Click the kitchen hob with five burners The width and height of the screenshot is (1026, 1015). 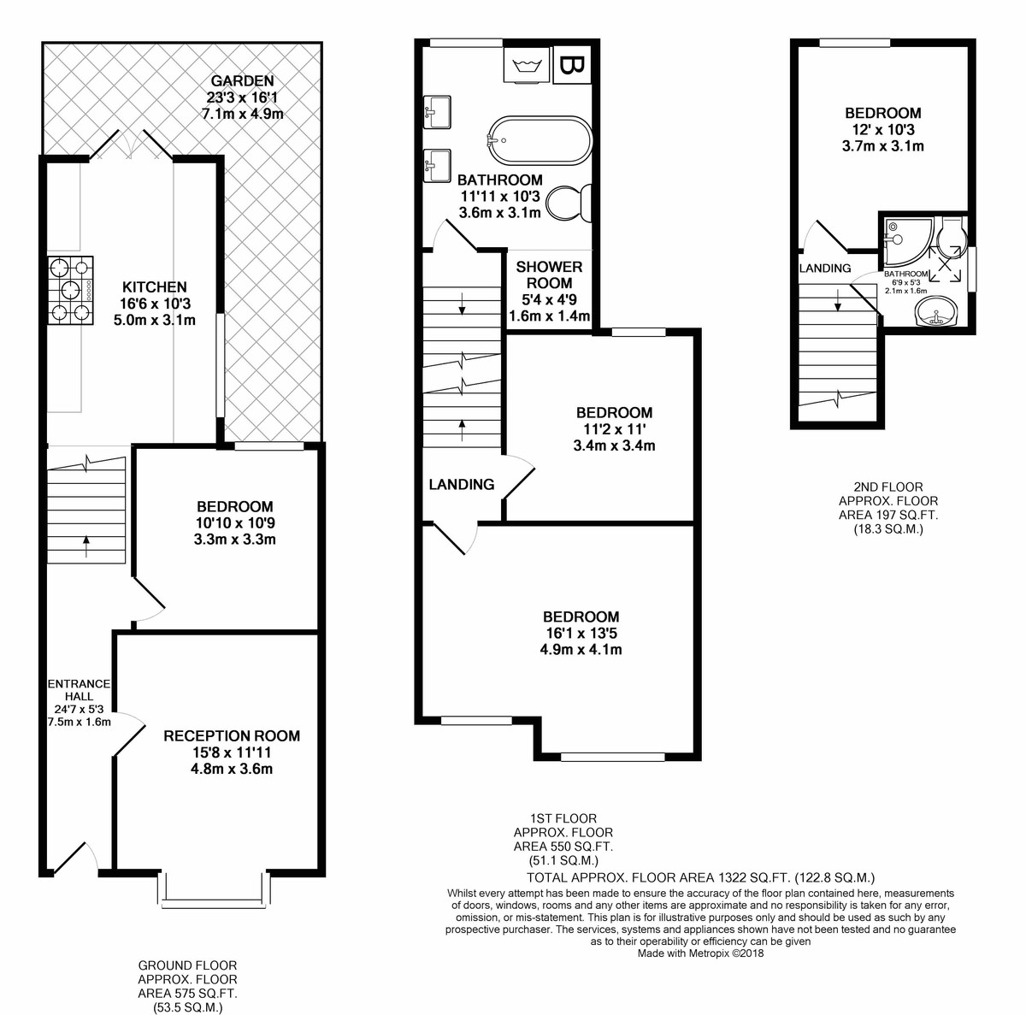(x=70, y=290)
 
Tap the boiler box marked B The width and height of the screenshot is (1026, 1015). (x=572, y=65)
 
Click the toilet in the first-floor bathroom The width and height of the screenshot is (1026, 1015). (x=569, y=203)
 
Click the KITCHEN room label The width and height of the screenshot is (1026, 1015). (x=155, y=287)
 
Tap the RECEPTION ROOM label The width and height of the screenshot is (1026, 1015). (x=232, y=736)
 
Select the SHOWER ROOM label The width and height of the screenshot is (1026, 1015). (x=549, y=274)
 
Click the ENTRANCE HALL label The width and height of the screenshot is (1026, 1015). (x=79, y=689)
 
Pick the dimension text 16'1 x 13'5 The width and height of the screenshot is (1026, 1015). (x=580, y=633)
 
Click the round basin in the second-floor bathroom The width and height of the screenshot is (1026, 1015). (x=935, y=311)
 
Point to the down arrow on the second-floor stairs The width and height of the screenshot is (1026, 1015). (x=838, y=300)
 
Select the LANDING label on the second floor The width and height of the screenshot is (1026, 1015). (x=825, y=269)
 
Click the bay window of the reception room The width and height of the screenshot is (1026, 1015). (x=214, y=890)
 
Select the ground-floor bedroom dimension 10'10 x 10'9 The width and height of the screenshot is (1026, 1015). (x=235, y=523)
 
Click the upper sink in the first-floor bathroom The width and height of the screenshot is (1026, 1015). (x=437, y=112)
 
